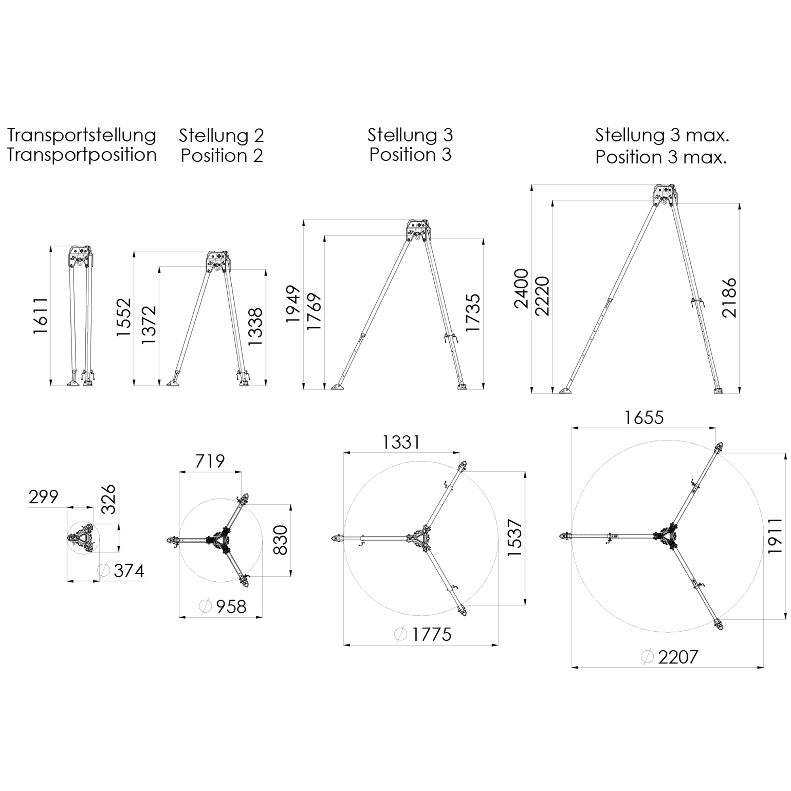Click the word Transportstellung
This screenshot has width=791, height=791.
pyautogui.click(x=82, y=136)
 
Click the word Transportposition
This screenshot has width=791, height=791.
pyautogui.click(x=82, y=155)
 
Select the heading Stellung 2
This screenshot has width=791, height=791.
pyautogui.click(x=221, y=136)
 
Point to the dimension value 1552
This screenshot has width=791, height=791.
pyautogui.click(x=124, y=318)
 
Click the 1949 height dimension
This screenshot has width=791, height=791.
pyautogui.click(x=293, y=304)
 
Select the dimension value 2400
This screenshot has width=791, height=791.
pyautogui.click(x=522, y=288)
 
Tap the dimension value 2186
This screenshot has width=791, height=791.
pyautogui.click(x=729, y=298)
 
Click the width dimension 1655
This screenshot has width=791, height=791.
pyautogui.click(x=644, y=418)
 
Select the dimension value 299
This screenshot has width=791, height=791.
pyautogui.click(x=44, y=497)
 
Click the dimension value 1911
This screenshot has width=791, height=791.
pyautogui.click(x=775, y=536)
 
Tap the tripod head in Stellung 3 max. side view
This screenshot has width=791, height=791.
pyautogui.click(x=664, y=196)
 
